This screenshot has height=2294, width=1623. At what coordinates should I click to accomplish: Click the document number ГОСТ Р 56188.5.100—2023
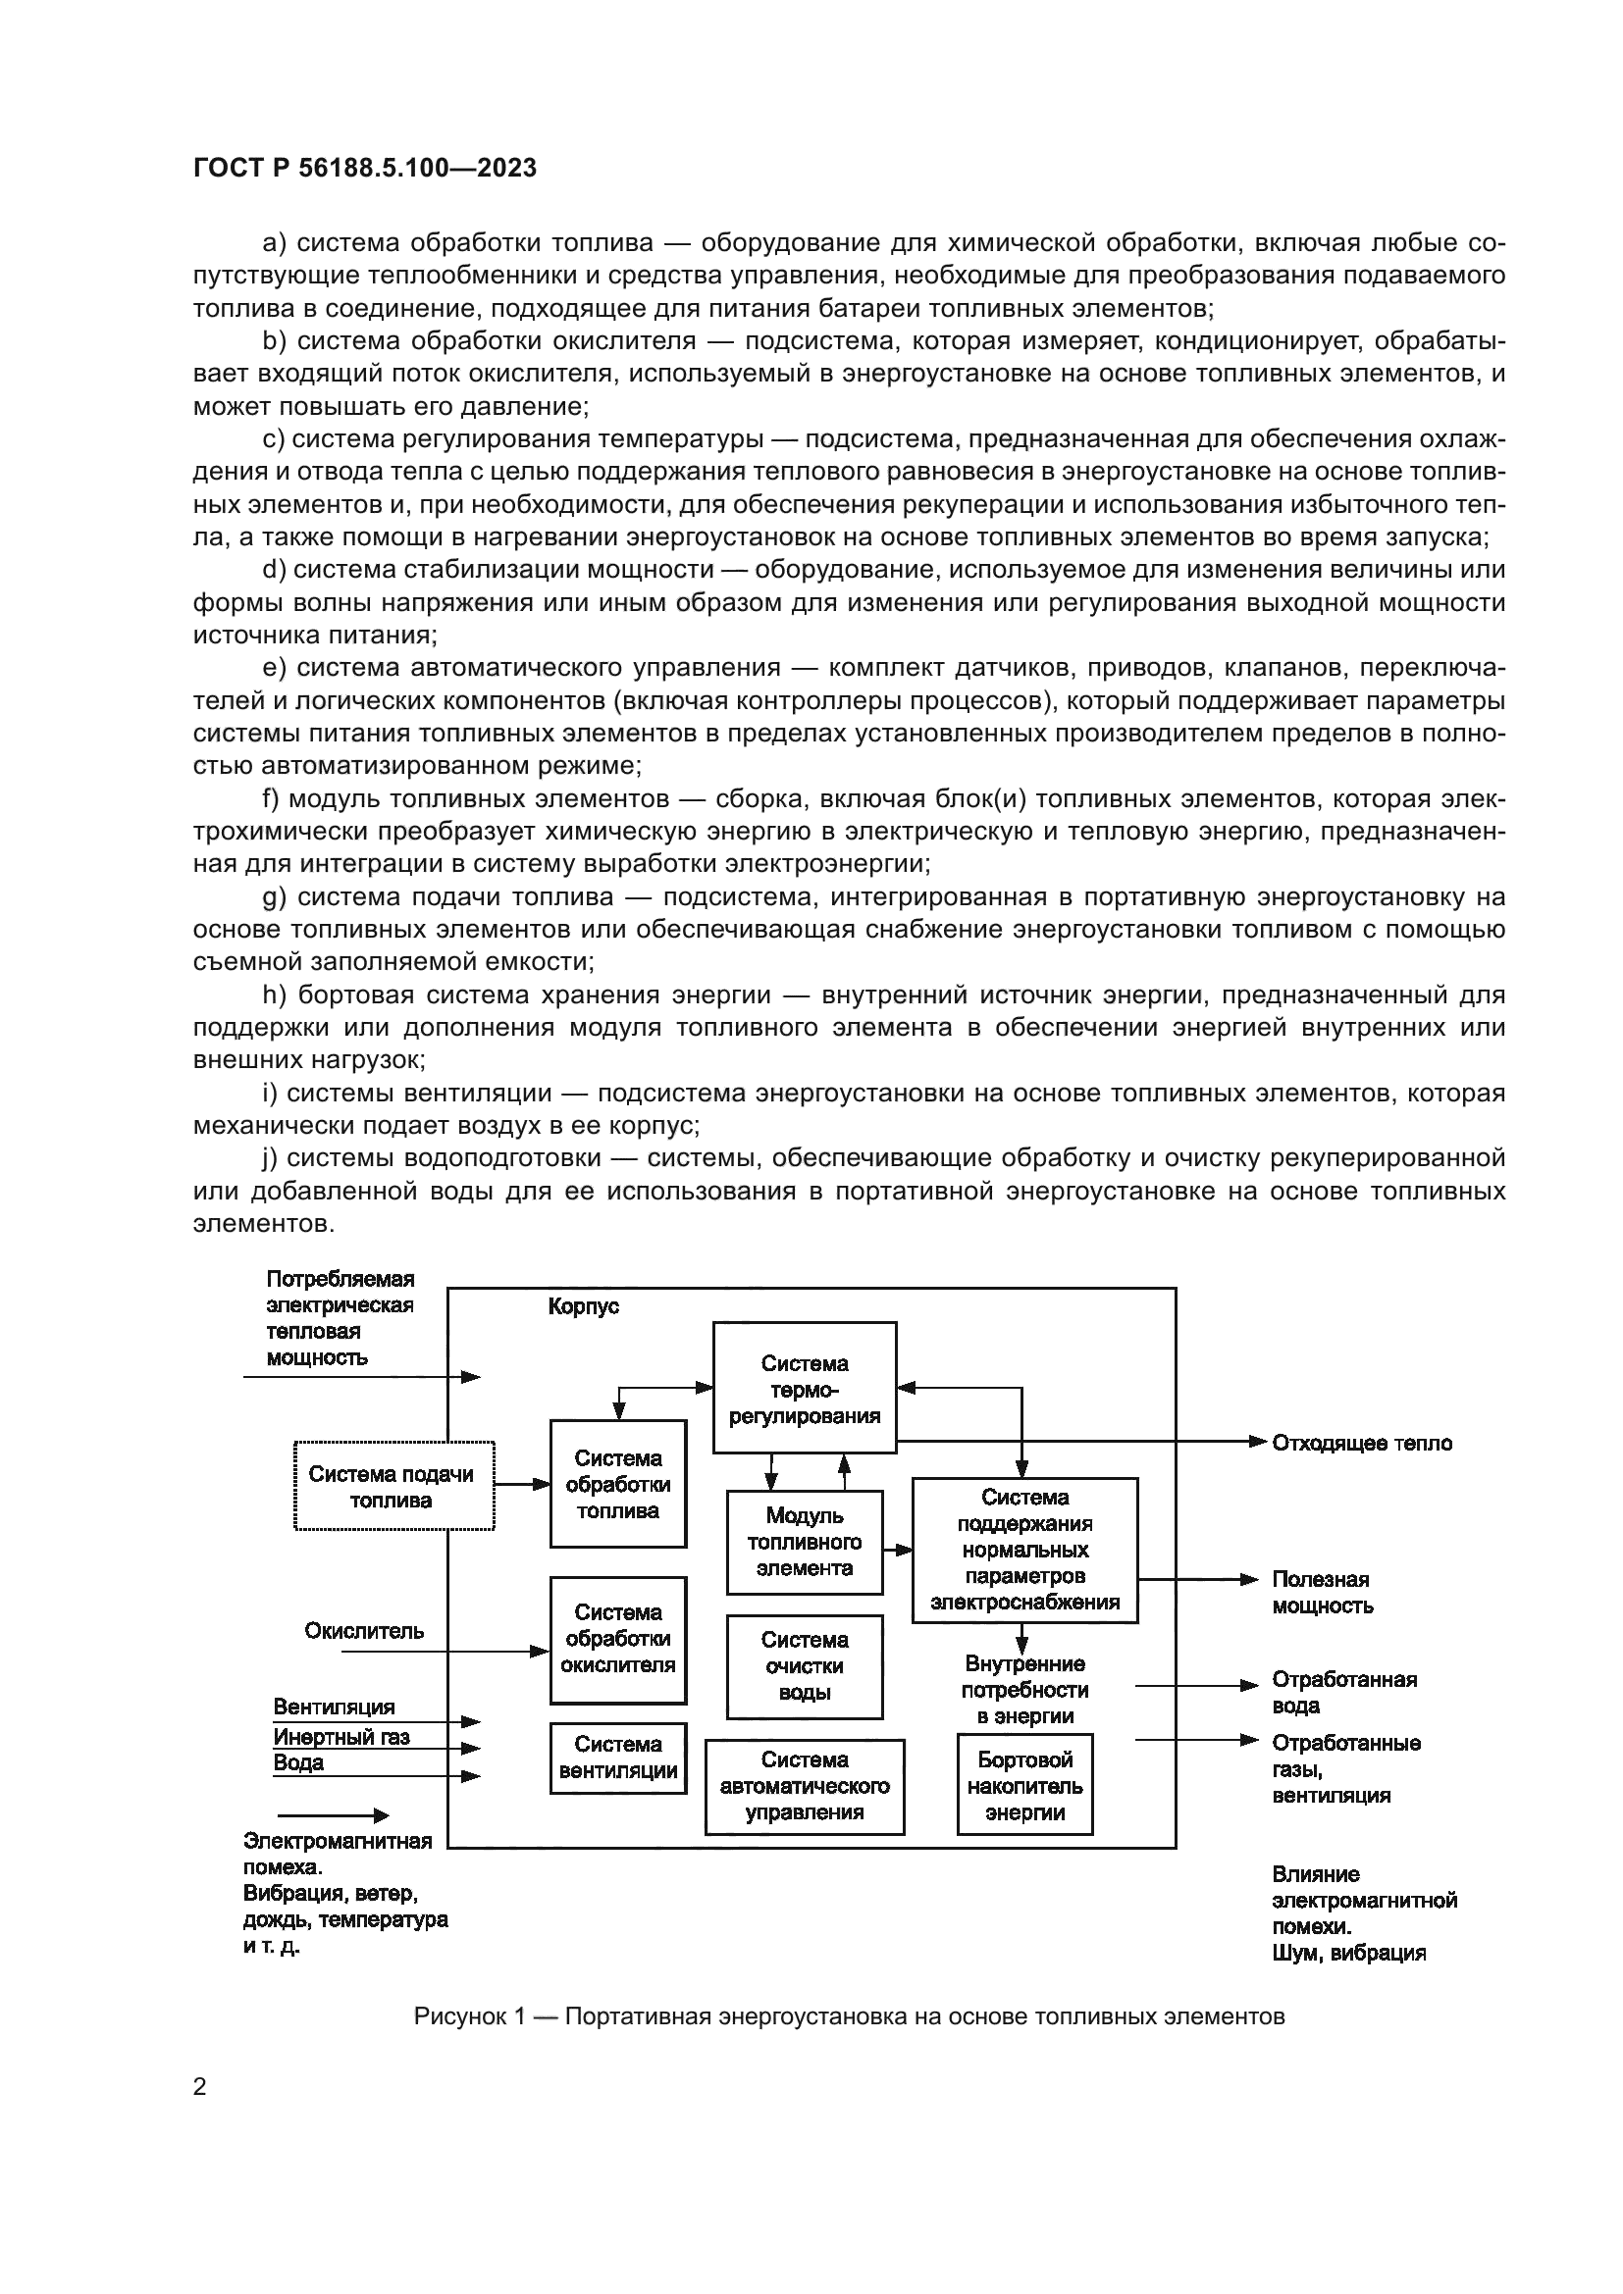[x=365, y=168]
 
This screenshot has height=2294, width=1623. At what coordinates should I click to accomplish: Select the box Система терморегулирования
[x=805, y=1389]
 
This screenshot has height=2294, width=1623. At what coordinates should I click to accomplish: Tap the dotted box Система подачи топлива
[x=393, y=1487]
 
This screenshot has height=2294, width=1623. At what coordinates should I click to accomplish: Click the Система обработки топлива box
[x=617, y=1484]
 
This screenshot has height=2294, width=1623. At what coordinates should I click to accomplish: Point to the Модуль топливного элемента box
[x=805, y=1542]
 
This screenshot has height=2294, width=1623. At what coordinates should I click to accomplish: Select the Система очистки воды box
[x=805, y=1665]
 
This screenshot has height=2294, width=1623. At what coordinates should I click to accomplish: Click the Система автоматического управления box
[x=805, y=1786]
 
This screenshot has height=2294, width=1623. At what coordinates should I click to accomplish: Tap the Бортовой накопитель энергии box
[x=1024, y=1785]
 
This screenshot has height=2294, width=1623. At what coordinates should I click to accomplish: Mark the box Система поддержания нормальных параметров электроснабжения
[x=1024, y=1550]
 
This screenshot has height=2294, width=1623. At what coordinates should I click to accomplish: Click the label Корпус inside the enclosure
[x=584, y=1306]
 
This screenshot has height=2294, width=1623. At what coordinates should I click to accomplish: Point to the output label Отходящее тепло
[x=1361, y=1443]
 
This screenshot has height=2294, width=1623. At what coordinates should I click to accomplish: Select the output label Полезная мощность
[x=1321, y=1593]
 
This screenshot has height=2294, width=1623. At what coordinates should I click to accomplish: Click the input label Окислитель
[x=364, y=1631]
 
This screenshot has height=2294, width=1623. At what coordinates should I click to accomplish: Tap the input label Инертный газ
[x=341, y=1737]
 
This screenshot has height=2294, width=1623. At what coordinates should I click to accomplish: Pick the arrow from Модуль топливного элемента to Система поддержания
[x=898, y=1550]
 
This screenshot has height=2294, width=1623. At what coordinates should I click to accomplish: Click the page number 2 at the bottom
[x=200, y=2086]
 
